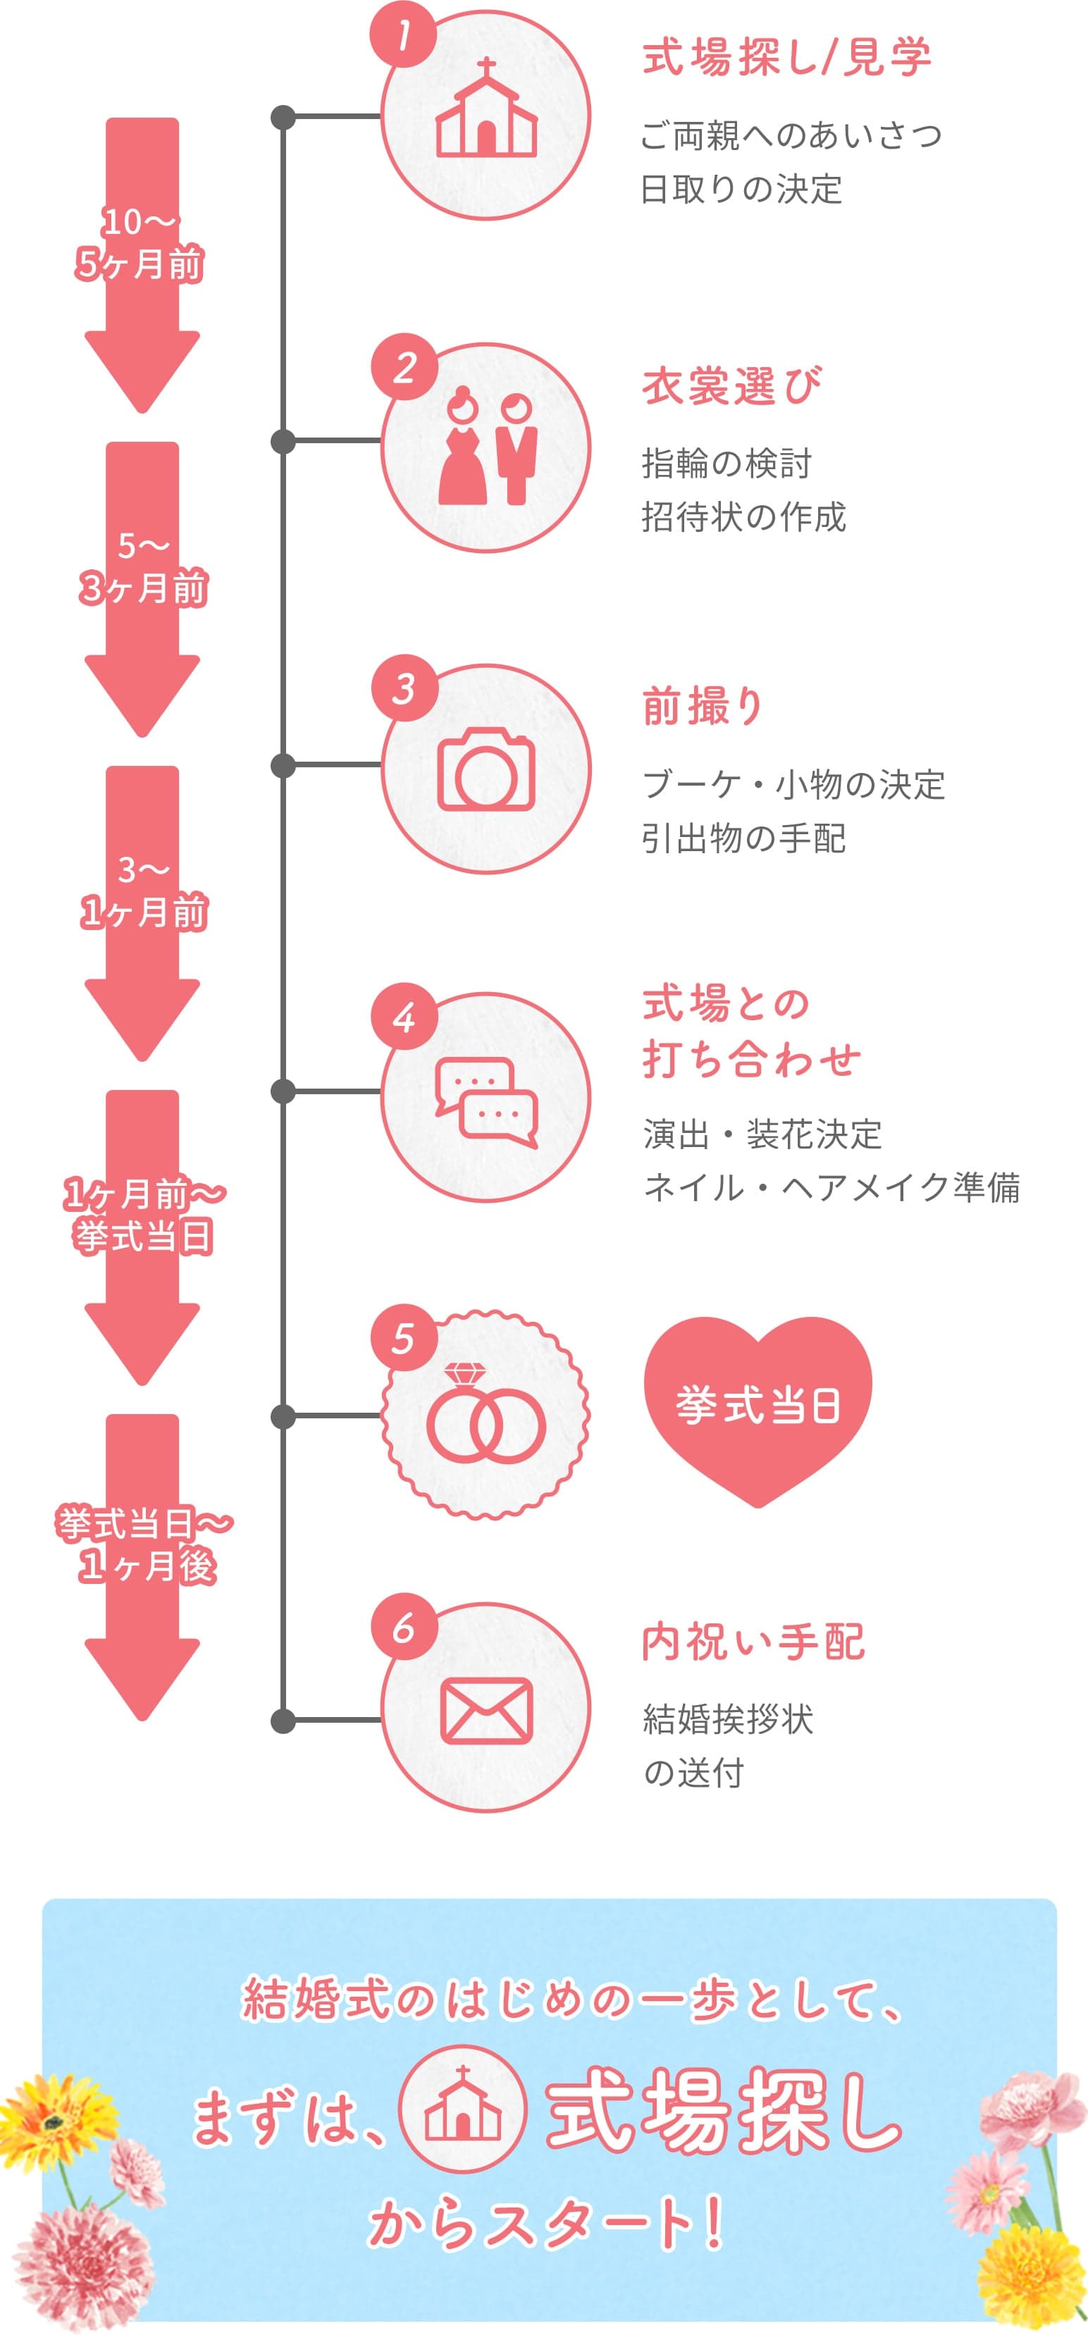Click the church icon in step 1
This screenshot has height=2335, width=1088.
click(x=486, y=111)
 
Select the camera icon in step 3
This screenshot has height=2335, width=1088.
click(x=486, y=769)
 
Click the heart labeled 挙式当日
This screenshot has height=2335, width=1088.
click(x=757, y=1407)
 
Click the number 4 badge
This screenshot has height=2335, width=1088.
click(x=404, y=1019)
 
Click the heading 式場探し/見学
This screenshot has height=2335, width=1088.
click(x=786, y=58)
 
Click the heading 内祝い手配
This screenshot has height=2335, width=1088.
click(x=753, y=1642)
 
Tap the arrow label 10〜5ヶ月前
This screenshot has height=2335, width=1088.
click(x=140, y=243)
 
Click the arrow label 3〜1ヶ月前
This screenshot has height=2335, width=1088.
click(x=143, y=891)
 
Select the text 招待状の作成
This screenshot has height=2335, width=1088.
click(x=743, y=516)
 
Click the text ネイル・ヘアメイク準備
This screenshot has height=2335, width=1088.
click(x=832, y=1187)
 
